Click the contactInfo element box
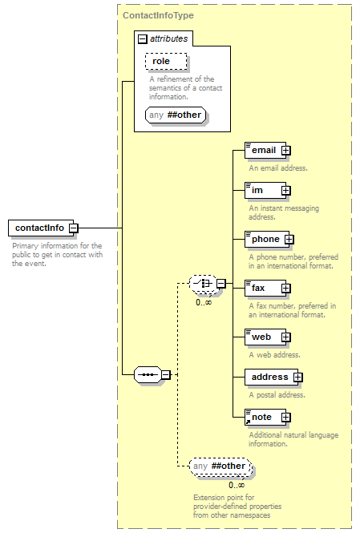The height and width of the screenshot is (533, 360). coord(41,228)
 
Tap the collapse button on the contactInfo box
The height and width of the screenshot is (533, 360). coord(74,228)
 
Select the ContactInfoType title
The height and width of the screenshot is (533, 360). coord(158,15)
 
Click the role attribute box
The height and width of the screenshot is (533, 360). coord(166,62)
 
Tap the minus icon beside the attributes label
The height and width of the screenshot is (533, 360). coord(142,39)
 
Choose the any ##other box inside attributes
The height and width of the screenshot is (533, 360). coord(176,115)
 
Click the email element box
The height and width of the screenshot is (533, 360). coord(265,150)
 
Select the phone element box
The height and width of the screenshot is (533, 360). coord(267,240)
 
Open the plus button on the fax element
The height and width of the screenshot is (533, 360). coord(285,289)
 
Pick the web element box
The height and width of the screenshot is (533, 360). coord(265,337)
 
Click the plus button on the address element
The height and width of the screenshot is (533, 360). coord(297,378)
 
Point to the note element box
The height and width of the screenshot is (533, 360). coord(265,417)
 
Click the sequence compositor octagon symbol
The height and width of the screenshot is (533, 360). coord(148,374)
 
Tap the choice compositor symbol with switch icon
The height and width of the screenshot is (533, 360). coord(203,284)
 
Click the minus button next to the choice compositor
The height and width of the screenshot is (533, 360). coord(221,284)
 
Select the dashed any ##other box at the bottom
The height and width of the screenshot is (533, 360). coord(220,466)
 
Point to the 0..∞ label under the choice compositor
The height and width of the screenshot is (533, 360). coord(204,302)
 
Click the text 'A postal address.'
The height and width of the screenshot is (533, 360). coord(277,395)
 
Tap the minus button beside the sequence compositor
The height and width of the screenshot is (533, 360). coord(165,374)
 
